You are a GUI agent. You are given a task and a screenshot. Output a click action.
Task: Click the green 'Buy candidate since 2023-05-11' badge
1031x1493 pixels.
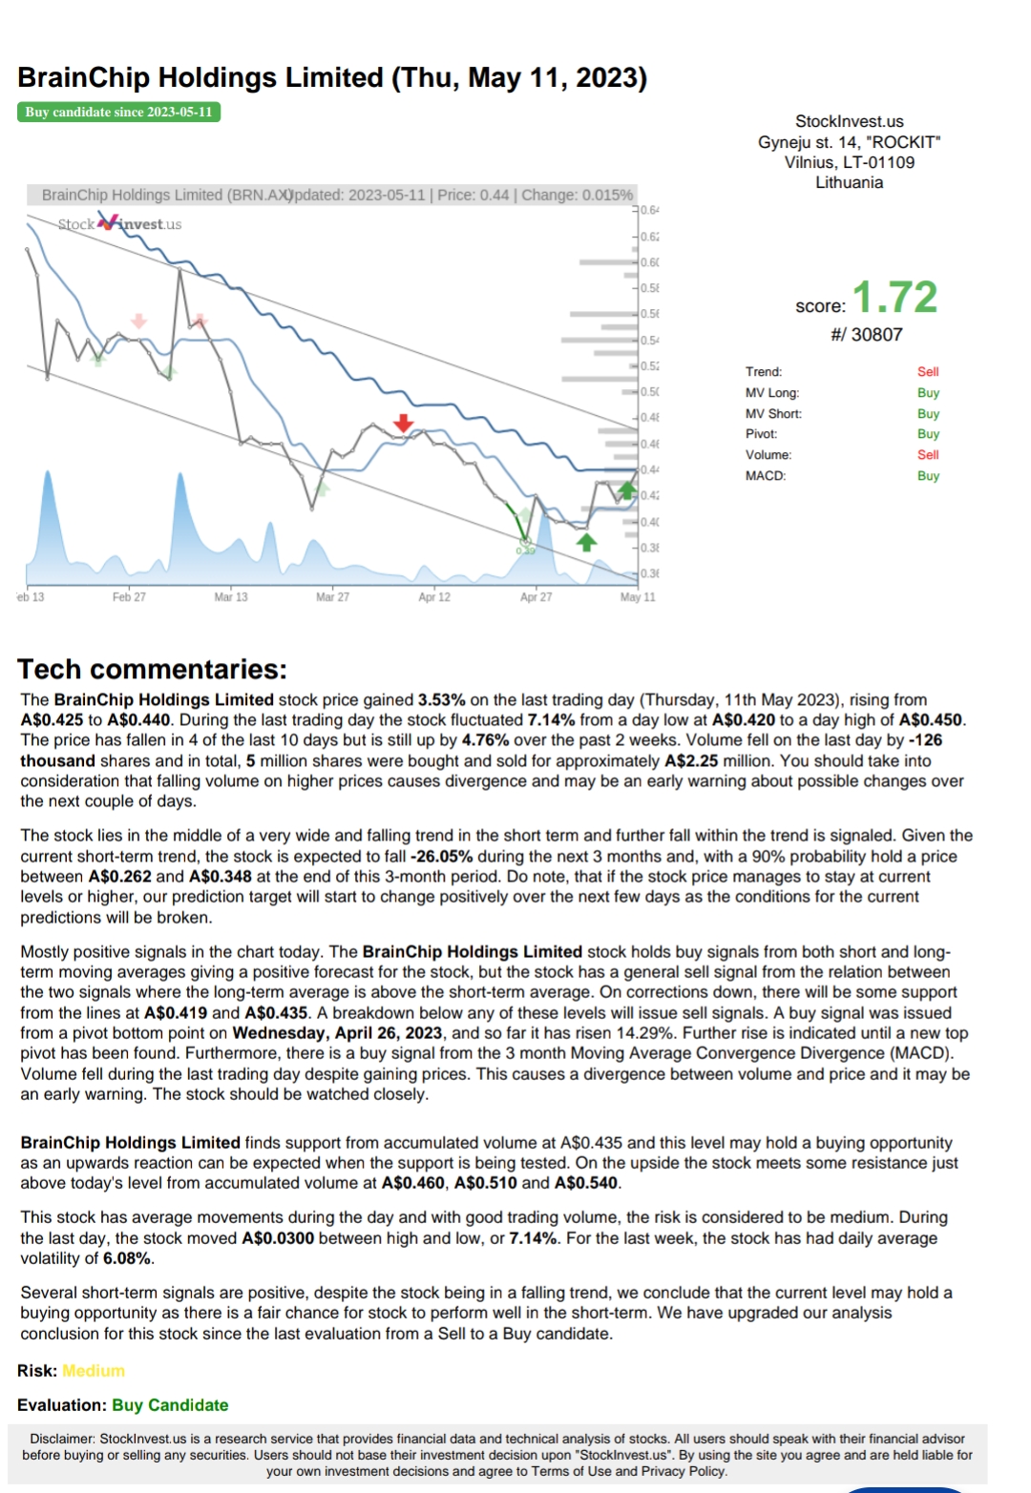pos(118,112)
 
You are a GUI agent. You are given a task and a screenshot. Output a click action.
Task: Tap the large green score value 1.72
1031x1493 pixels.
pos(894,298)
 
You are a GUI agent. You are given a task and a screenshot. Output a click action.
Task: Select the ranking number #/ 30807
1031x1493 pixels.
pos(866,335)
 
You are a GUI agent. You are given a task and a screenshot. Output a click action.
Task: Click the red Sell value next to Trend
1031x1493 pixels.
pos(928,372)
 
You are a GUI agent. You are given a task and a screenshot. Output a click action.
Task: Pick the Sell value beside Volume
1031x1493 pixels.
pos(928,455)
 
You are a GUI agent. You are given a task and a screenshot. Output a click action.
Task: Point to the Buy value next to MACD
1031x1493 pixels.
pos(928,476)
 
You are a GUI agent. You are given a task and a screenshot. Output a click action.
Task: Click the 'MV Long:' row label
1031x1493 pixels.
pos(772,393)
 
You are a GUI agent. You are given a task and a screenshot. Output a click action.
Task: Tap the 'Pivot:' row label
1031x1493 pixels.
pos(762,434)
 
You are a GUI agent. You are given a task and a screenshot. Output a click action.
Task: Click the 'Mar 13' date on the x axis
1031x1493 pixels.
pos(231,597)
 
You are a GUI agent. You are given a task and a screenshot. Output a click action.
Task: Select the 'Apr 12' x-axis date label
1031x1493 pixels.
pos(434,597)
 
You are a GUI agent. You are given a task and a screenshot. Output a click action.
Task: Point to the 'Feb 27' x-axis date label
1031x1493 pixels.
pos(129,597)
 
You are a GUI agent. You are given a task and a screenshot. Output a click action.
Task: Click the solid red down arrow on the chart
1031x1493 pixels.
pos(404,423)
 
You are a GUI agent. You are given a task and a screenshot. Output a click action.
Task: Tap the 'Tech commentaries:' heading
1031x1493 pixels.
pos(152,669)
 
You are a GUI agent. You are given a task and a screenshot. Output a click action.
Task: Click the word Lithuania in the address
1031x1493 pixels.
pos(849,182)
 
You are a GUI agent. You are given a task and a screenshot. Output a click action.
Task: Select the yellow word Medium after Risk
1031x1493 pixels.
pos(94,1371)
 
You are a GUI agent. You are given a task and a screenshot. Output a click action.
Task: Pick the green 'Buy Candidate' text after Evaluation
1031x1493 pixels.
pos(170,1405)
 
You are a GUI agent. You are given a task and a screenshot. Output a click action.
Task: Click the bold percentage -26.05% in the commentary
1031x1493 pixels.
pos(442,857)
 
